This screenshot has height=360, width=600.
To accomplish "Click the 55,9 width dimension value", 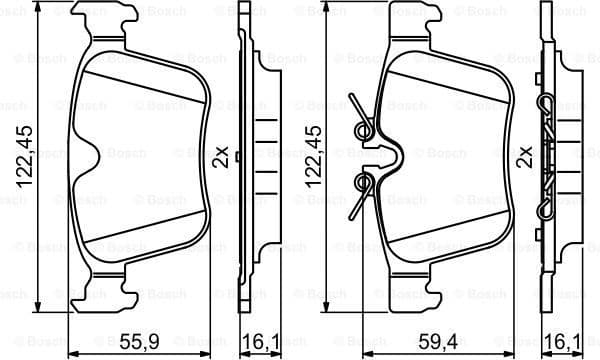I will click(141, 340).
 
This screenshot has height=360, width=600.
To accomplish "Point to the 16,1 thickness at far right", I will click(562, 340).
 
